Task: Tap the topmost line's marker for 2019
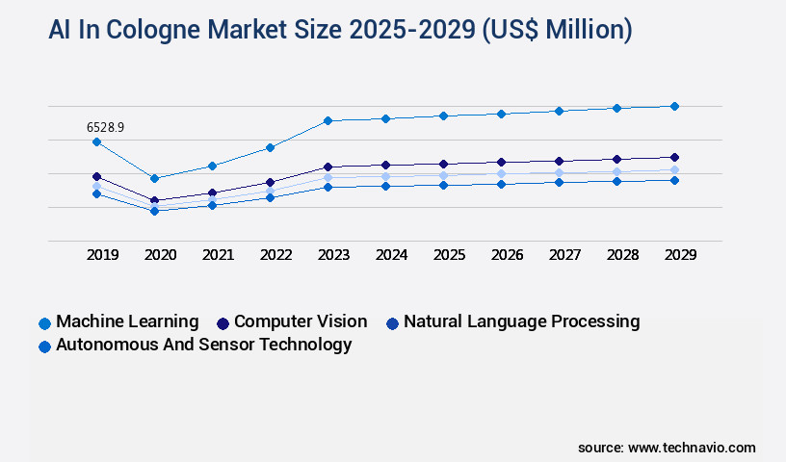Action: pyautogui.click(x=96, y=142)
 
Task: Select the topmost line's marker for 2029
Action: pyautogui.click(x=674, y=106)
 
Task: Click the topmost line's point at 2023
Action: pyautogui.click(x=327, y=120)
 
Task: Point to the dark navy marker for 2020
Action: pyautogui.click(x=154, y=200)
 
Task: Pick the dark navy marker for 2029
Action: pyautogui.click(x=674, y=157)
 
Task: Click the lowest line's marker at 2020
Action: pyautogui.click(x=154, y=210)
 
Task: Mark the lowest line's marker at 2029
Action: pyautogui.click(x=674, y=180)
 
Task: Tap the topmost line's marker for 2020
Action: pyautogui.click(x=154, y=178)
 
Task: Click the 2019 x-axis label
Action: pyautogui.click(x=102, y=255)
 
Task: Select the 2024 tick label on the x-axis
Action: pyautogui.click(x=391, y=255)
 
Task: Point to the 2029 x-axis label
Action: pyautogui.click(x=680, y=255)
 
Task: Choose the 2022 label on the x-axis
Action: pyautogui.click(x=275, y=255)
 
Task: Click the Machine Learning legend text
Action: pyautogui.click(x=127, y=321)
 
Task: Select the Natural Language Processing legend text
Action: pyautogui.click(x=521, y=321)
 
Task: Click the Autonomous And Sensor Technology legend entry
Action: pyautogui.click(x=203, y=345)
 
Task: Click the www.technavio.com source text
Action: pyautogui.click(x=692, y=448)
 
